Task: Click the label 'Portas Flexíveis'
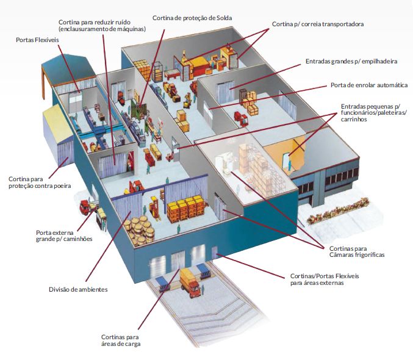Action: [x=37, y=40]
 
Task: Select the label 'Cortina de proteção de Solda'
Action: [x=192, y=18]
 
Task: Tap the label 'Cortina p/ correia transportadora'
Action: [x=318, y=24]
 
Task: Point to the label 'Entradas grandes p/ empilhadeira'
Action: [x=351, y=62]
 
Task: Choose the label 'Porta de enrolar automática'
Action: [x=369, y=85]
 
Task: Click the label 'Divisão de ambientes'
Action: [x=78, y=289]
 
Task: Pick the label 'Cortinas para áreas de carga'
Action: [x=121, y=340]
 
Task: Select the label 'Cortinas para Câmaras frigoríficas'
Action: [x=357, y=251]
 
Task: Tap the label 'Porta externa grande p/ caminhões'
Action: [x=64, y=236]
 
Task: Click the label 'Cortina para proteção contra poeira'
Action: [x=40, y=182]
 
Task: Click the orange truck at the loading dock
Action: [x=190, y=283]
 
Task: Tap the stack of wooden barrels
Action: [x=139, y=231]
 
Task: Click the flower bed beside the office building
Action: [x=338, y=210]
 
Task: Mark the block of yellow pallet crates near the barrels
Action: [x=185, y=209]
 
